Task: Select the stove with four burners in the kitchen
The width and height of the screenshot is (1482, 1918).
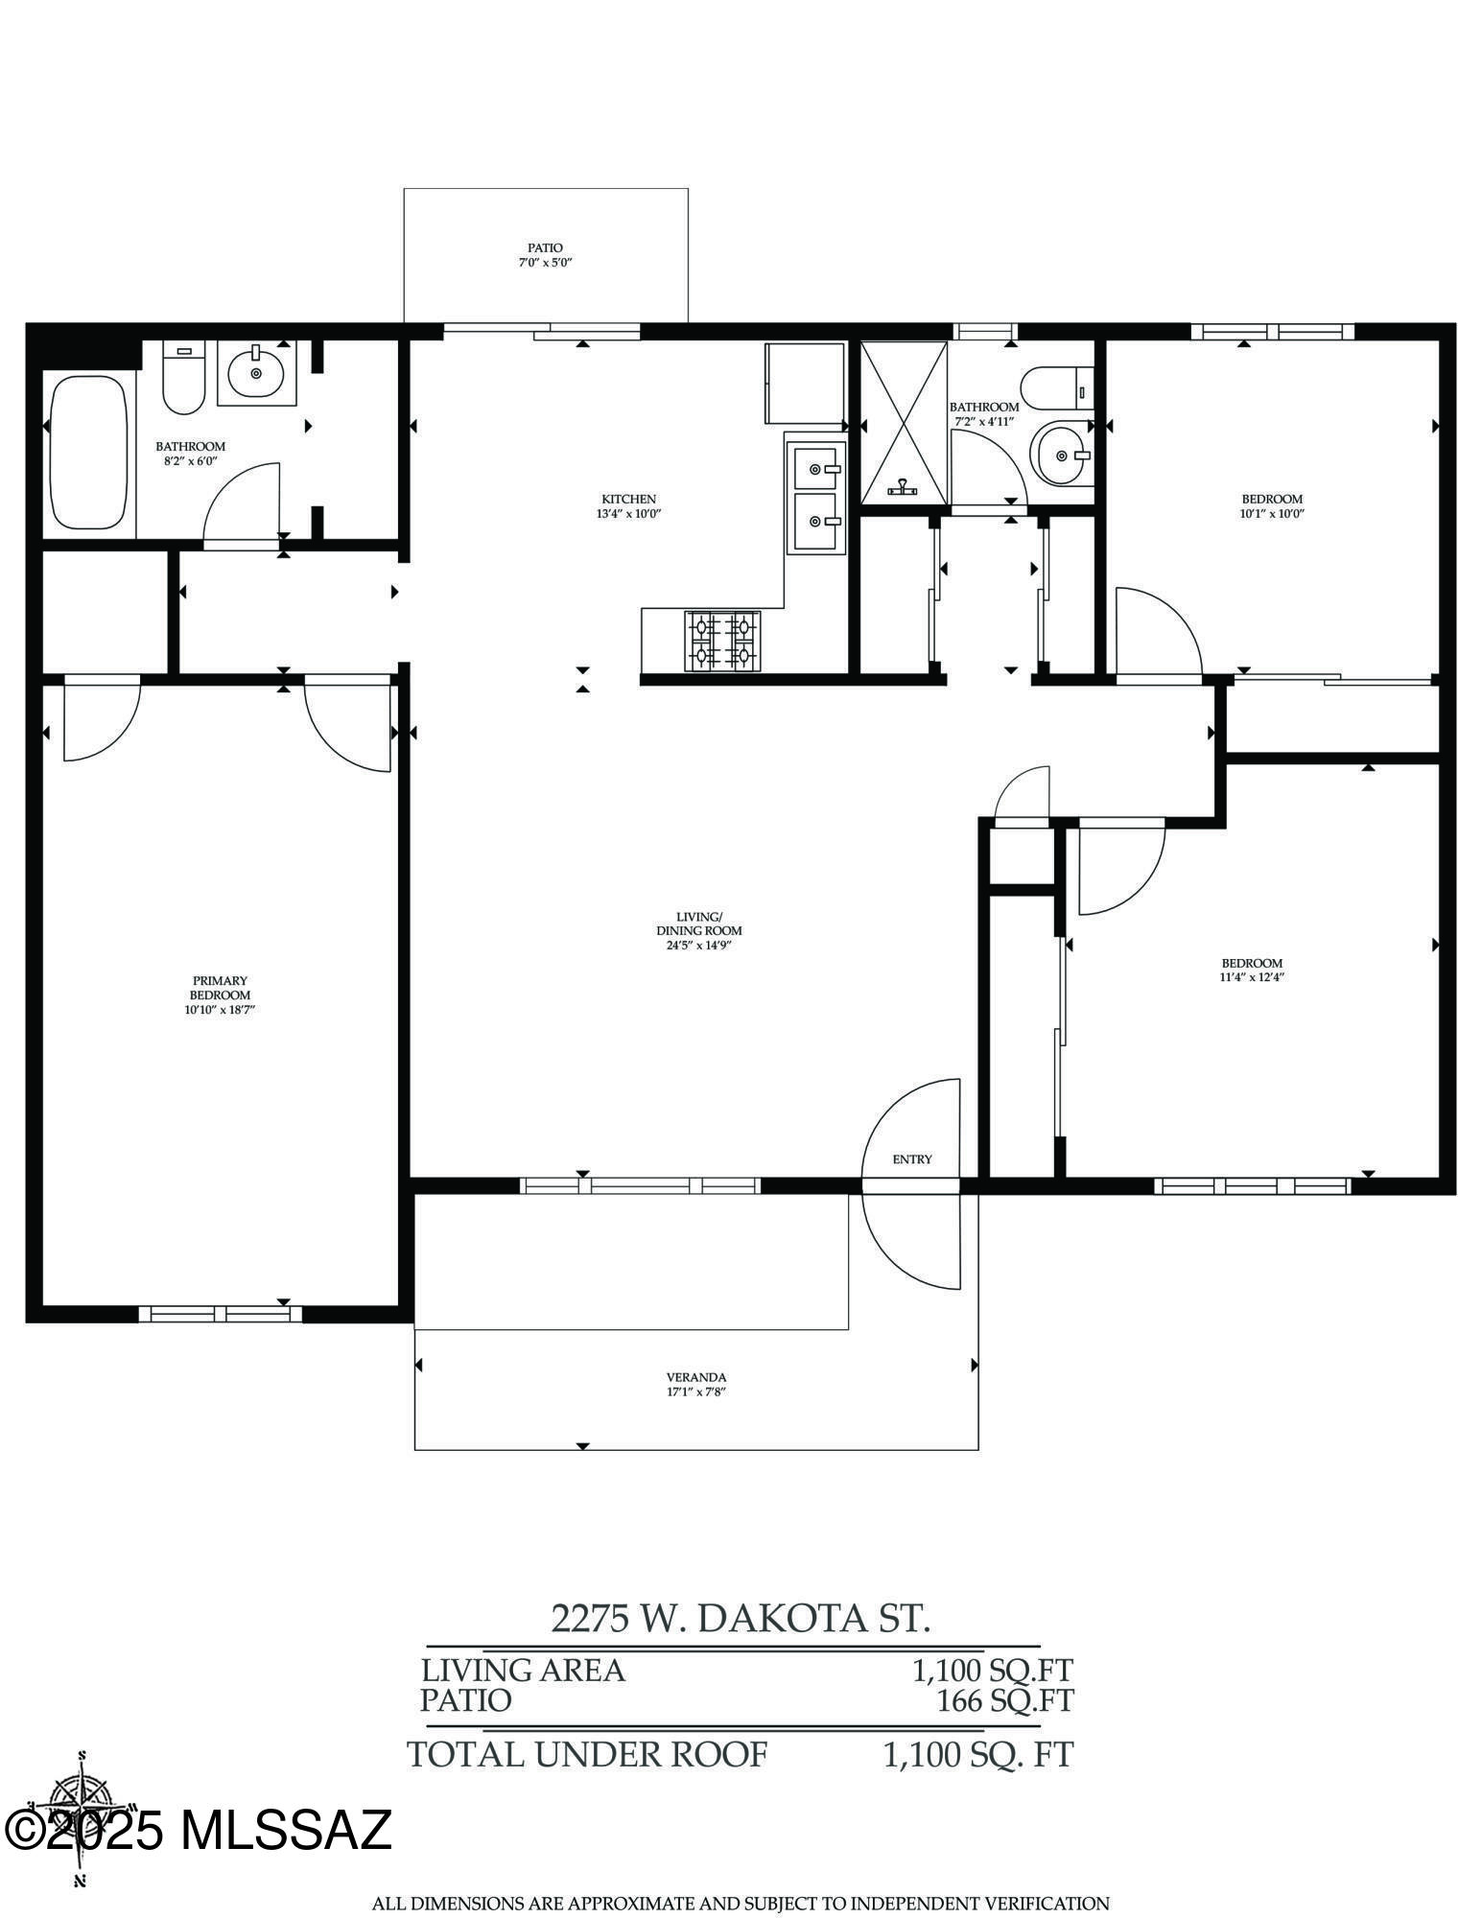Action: [x=721, y=641]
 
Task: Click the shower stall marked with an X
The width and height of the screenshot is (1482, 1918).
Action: [x=904, y=422]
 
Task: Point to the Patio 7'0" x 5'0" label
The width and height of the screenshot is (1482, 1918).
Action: [x=545, y=254]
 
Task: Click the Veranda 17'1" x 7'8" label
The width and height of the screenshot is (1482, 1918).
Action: [x=695, y=1384]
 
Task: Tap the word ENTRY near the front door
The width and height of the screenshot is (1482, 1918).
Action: [x=911, y=1158]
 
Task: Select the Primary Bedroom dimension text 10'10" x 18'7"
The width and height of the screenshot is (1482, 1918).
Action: [x=220, y=1009]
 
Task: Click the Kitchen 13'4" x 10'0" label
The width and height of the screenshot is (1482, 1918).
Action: [x=628, y=505]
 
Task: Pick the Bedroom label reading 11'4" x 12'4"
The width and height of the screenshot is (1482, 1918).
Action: [x=1251, y=970]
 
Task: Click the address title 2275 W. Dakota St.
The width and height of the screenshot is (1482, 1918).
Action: [x=740, y=1618]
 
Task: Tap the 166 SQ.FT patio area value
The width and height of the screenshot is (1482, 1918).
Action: [x=1004, y=1700]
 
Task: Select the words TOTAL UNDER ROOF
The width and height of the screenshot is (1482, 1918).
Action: [x=587, y=1754]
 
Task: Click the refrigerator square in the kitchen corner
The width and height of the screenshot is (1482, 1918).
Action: [x=803, y=383]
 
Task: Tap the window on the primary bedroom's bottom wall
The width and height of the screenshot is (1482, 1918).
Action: [x=221, y=1314]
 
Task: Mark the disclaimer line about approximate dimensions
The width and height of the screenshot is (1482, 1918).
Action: [x=740, y=1903]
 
